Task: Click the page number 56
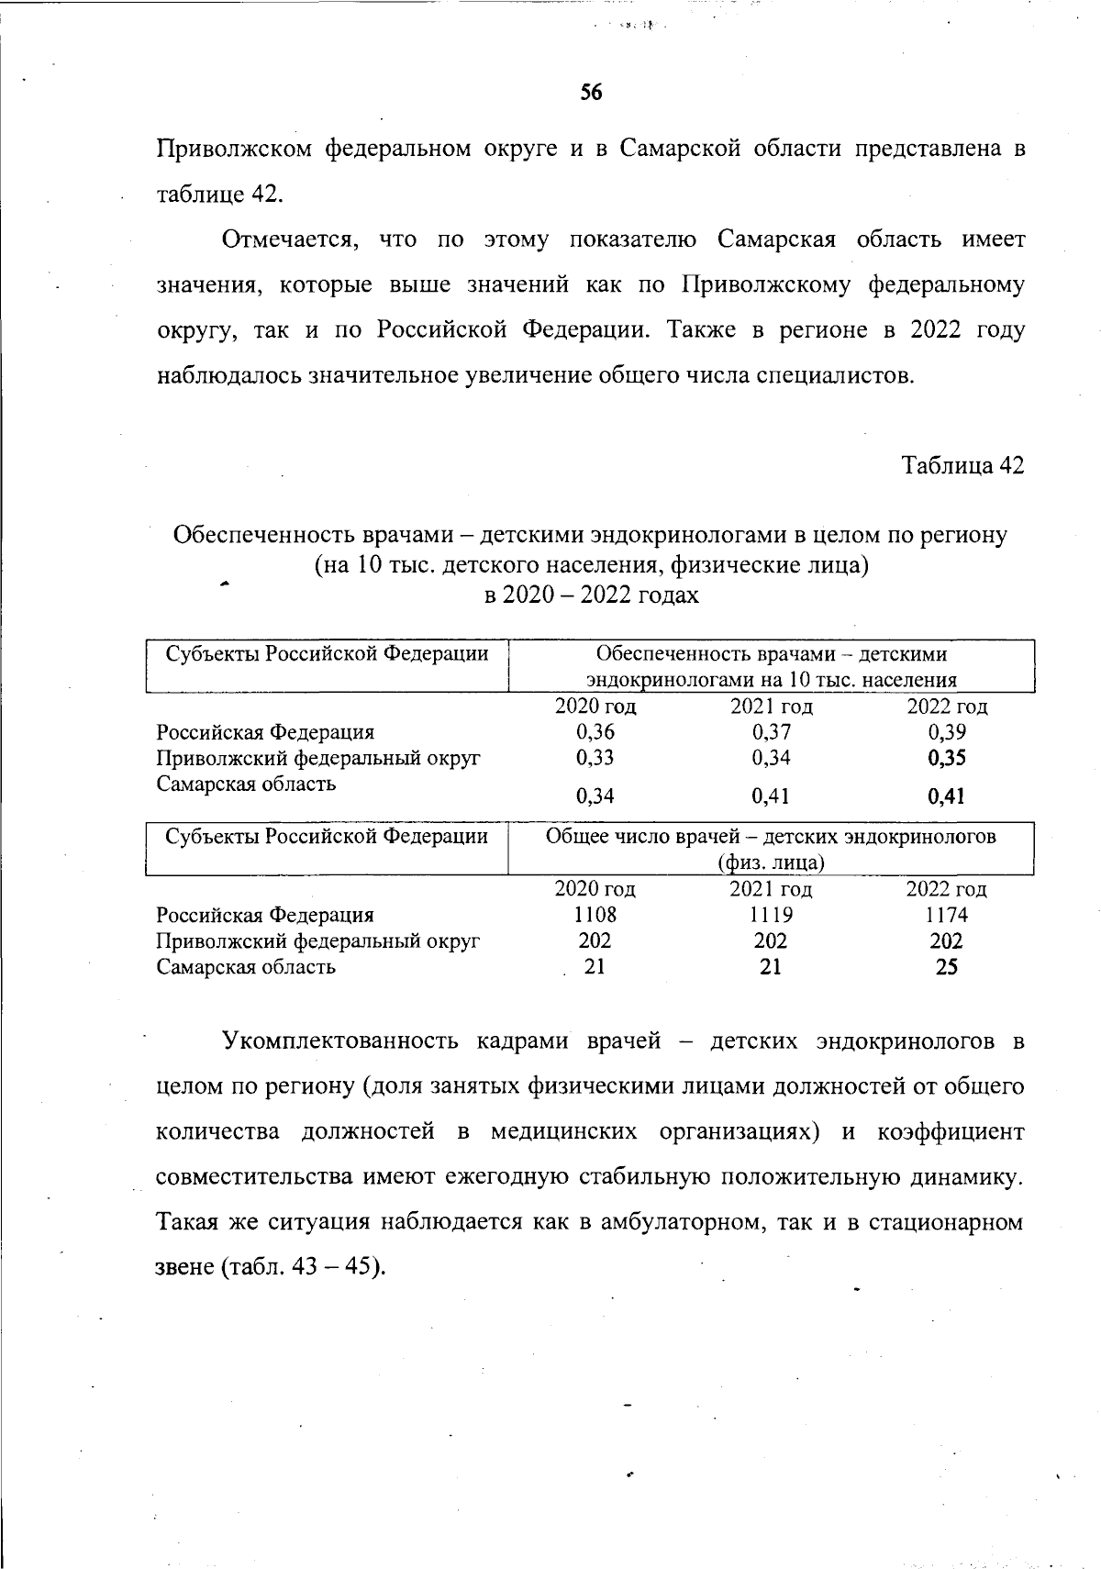coord(591,93)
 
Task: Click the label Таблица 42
coord(962,466)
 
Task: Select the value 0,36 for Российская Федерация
coord(595,732)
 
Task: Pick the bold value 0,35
coord(946,758)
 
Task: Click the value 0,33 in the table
coord(595,758)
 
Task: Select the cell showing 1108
coord(595,915)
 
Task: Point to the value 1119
coord(771,915)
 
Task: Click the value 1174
coord(946,915)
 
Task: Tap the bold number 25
coord(946,967)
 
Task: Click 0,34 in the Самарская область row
coord(595,796)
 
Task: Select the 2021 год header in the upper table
coord(771,707)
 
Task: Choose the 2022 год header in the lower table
coord(946,889)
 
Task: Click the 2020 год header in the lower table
coord(595,889)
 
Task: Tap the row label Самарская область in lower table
coord(246,967)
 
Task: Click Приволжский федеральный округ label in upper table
coord(317,758)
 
